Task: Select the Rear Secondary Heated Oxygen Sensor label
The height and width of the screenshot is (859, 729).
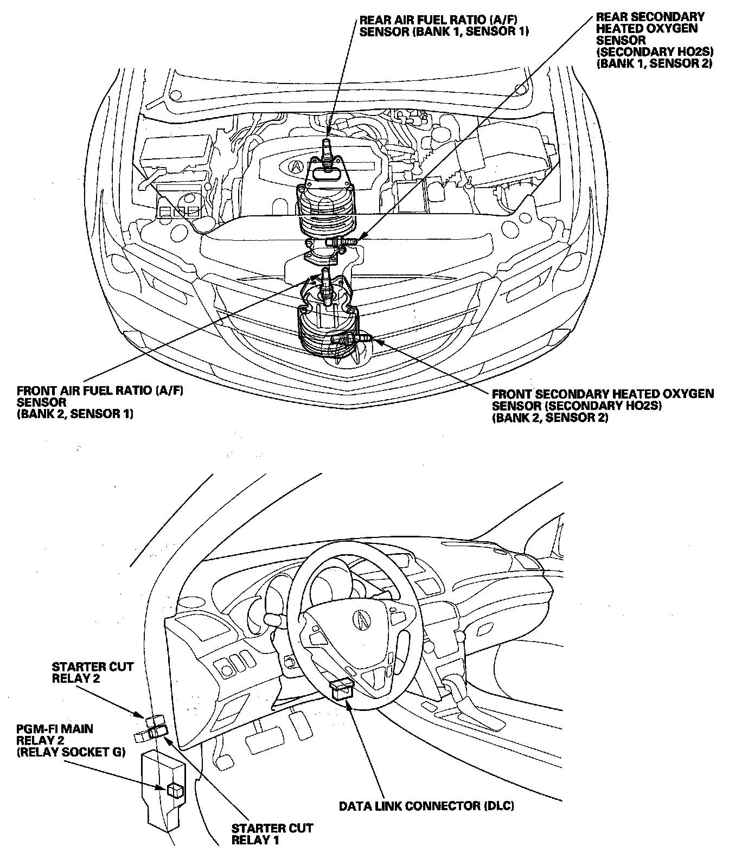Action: click(x=650, y=40)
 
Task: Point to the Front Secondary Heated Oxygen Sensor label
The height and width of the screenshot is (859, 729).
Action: click(x=602, y=406)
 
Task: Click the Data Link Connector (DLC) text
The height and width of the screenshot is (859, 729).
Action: click(x=426, y=805)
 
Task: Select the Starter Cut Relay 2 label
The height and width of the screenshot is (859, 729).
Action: click(x=92, y=672)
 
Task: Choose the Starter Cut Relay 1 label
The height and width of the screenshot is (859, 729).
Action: click(x=272, y=834)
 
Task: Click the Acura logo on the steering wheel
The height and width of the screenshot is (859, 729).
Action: click(x=360, y=618)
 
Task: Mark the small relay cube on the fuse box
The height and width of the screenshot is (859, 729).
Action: click(x=174, y=789)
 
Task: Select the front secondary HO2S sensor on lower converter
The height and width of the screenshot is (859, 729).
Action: click(x=350, y=339)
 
